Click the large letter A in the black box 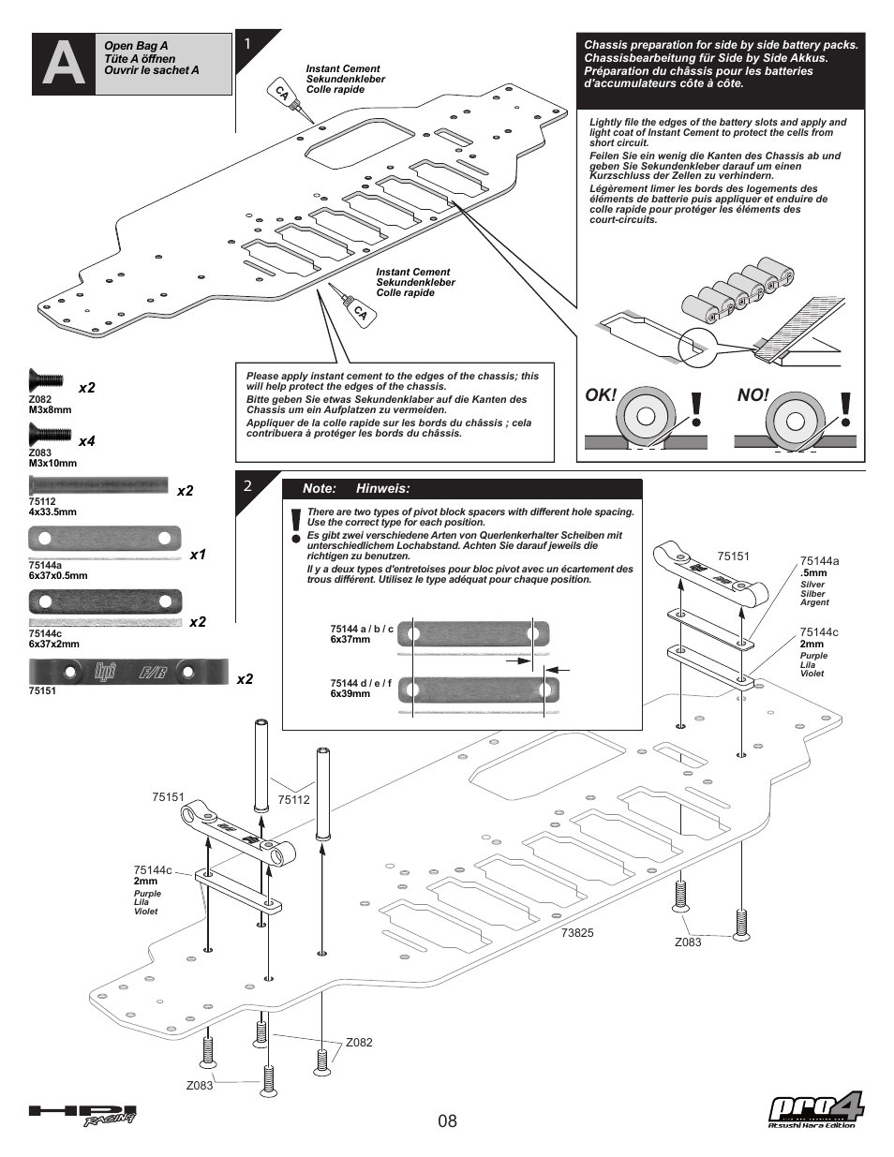pyautogui.click(x=64, y=64)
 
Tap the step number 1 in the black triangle pyautogui.click(x=247, y=43)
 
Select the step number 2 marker pyautogui.click(x=247, y=485)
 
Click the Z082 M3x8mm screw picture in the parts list pyautogui.click(x=46, y=380)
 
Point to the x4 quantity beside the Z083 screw pyautogui.click(x=87, y=441)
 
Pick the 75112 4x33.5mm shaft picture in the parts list pyautogui.click(x=98, y=484)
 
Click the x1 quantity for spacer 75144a pyautogui.click(x=198, y=555)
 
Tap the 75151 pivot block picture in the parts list pyautogui.click(x=128, y=672)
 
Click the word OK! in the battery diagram pyautogui.click(x=601, y=394)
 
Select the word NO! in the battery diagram pyautogui.click(x=752, y=394)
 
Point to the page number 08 pyautogui.click(x=447, y=1120)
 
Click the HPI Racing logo pyautogui.click(x=82, y=1115)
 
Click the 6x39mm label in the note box pyautogui.click(x=350, y=694)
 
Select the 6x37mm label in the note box pyautogui.click(x=350, y=639)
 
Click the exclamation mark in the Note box pyautogui.click(x=296, y=526)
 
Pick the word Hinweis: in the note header pyautogui.click(x=383, y=488)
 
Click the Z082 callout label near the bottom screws pyautogui.click(x=359, y=1042)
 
